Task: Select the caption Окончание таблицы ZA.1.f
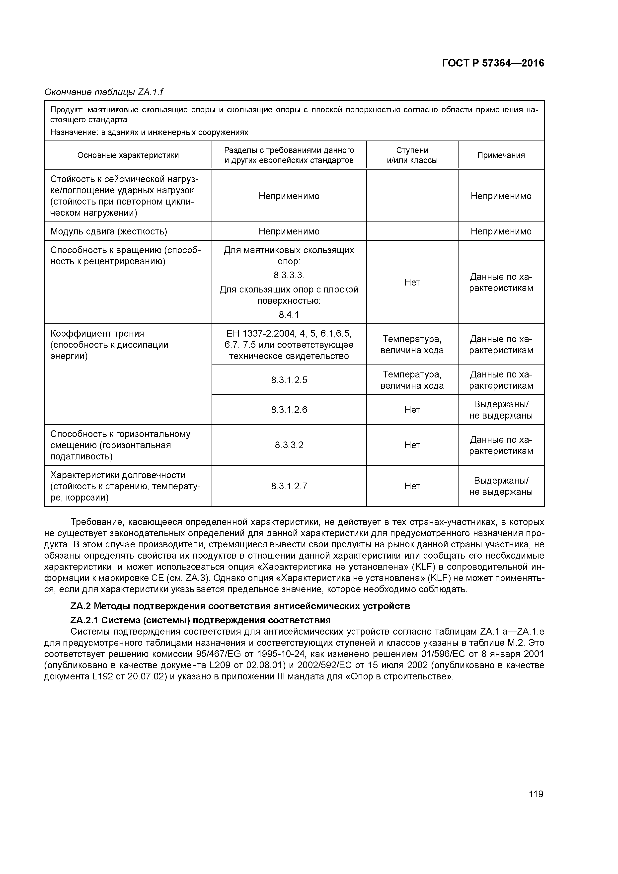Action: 104,92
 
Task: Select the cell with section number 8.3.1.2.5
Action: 289,380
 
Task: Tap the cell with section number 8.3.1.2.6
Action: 289,410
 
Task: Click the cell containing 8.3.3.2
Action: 289,445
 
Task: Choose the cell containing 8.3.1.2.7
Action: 289,486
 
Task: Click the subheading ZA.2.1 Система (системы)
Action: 200,620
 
